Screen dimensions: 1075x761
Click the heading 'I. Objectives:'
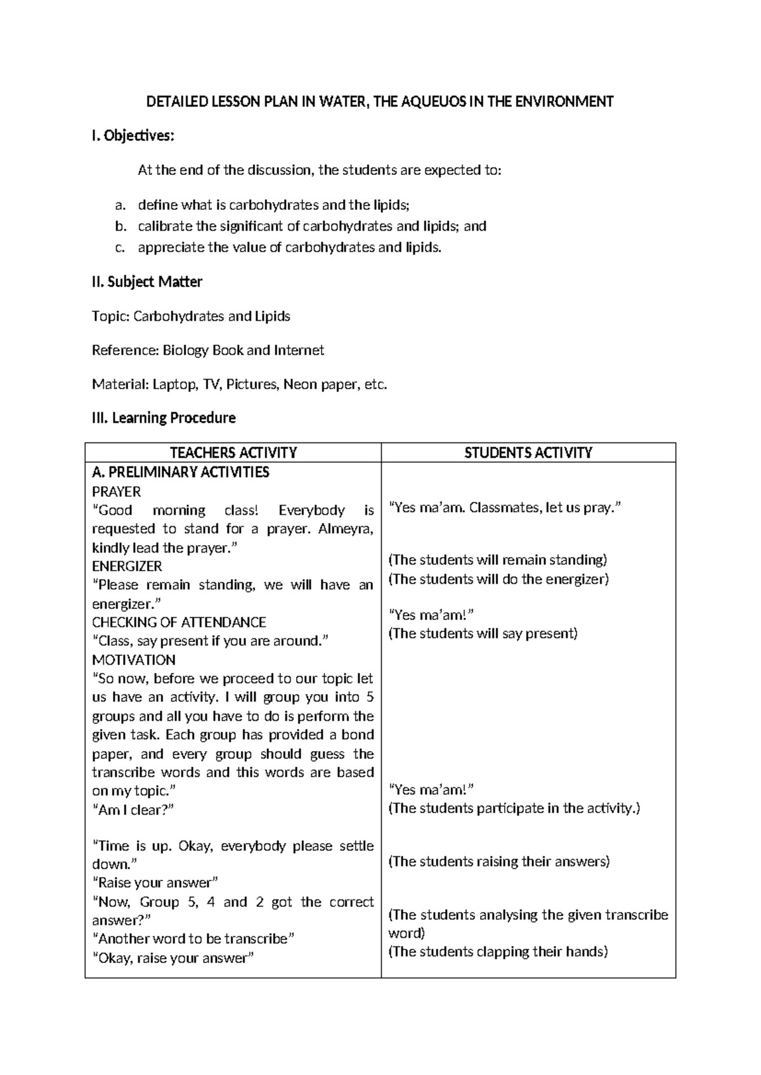[132, 136]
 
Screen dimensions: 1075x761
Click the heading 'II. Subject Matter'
[146, 282]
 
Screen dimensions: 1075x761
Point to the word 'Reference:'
[125, 351]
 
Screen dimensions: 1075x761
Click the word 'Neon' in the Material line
[300, 385]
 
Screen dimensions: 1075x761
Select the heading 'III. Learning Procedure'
[164, 418]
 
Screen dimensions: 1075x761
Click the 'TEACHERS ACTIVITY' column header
[233, 453]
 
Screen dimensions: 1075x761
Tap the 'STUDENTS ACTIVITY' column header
[528, 453]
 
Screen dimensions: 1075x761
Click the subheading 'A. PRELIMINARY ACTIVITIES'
[181, 472]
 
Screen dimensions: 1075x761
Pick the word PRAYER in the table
[117, 492]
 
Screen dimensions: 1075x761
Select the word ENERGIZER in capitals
[127, 567]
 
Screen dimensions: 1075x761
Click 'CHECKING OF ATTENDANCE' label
[179, 622]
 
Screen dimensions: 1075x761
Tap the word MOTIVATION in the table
[134, 660]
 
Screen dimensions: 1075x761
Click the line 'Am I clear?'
[133, 810]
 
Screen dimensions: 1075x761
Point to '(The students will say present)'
[483, 634]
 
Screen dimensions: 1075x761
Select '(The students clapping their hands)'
[498, 951]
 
